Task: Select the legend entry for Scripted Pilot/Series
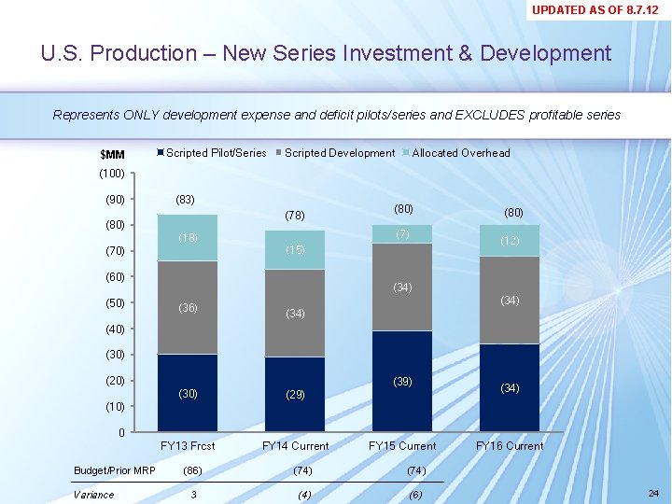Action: (216, 153)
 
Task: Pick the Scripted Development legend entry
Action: (339, 153)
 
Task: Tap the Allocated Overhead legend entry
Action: (461, 153)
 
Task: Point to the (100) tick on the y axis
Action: (111, 174)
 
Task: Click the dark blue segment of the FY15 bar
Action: (402, 381)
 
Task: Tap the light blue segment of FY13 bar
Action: (188, 238)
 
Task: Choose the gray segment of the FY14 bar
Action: (295, 314)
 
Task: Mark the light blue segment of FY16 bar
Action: (510, 241)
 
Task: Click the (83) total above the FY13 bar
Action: (185, 199)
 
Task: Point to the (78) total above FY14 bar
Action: (295, 216)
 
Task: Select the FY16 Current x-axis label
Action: (510, 446)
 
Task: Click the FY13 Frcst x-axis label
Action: (188, 446)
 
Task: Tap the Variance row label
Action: (93, 495)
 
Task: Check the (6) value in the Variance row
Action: (414, 495)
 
